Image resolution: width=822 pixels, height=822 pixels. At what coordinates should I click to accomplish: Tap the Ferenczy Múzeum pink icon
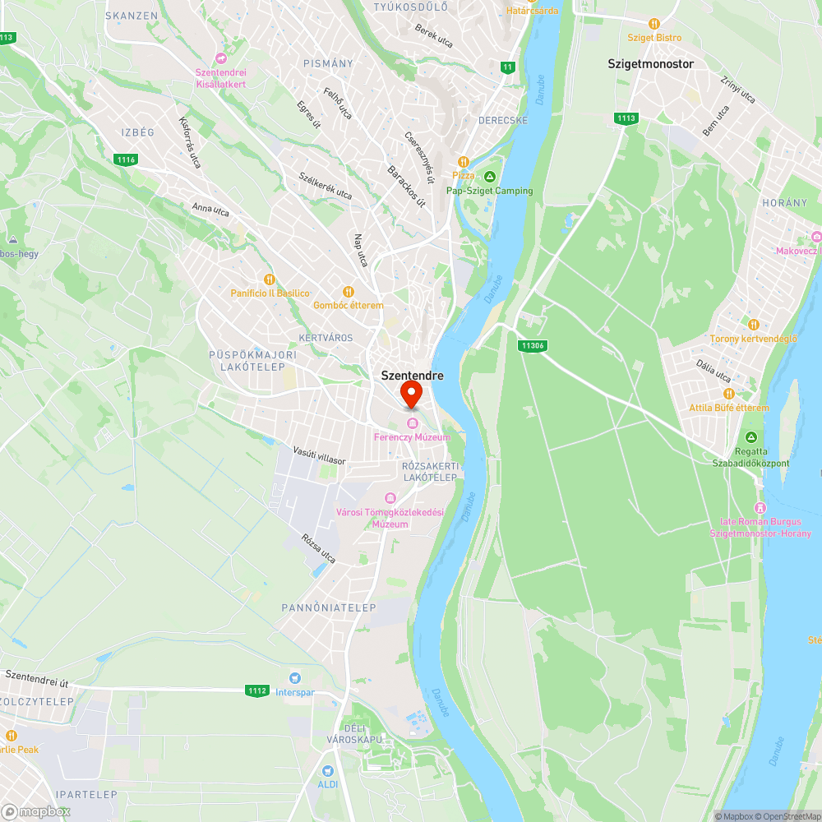[412, 423]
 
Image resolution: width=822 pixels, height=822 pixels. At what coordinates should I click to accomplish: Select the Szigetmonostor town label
[650, 63]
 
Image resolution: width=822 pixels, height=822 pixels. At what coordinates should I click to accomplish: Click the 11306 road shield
[533, 346]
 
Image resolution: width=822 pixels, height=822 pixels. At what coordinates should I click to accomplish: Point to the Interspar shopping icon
[293, 678]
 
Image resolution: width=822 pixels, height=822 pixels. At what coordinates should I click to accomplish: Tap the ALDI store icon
[328, 771]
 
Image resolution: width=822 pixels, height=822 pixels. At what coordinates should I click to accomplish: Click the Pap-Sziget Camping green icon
[489, 177]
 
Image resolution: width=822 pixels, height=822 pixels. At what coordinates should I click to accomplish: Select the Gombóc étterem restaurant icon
[348, 292]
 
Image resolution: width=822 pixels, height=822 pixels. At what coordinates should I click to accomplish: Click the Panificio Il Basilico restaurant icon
[269, 279]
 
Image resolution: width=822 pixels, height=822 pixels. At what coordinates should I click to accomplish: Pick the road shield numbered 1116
[126, 159]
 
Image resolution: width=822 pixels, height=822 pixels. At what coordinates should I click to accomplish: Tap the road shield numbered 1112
[256, 690]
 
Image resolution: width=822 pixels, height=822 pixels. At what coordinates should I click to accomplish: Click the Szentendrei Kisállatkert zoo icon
[220, 58]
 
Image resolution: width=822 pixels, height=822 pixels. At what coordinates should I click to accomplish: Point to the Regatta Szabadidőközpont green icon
[750, 437]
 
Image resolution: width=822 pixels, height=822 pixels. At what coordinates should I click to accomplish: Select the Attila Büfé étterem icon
[704, 394]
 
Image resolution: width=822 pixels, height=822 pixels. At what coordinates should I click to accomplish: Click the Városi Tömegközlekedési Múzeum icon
[390, 498]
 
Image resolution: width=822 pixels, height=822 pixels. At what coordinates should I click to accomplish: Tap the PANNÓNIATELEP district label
[329, 607]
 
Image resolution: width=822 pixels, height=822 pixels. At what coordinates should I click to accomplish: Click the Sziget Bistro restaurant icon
[654, 24]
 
